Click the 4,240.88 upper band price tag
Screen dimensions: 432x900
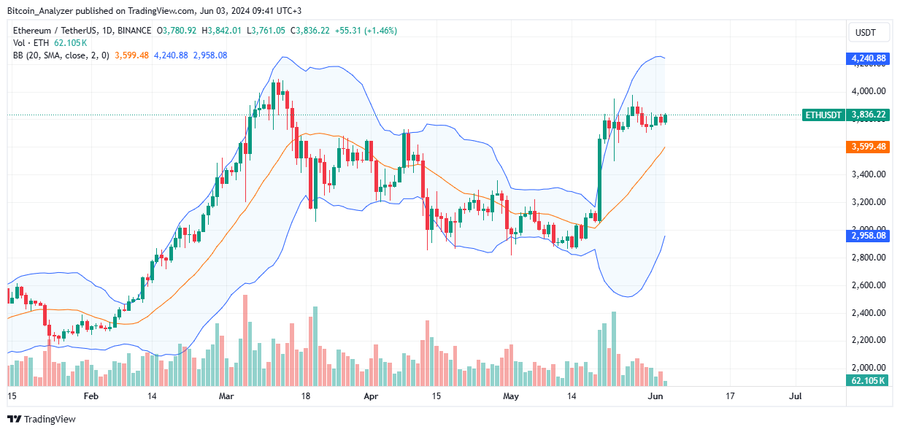coord(868,58)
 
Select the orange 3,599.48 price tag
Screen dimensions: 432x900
coord(868,147)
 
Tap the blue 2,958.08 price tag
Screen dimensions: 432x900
coord(868,236)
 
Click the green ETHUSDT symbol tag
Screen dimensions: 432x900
coord(823,115)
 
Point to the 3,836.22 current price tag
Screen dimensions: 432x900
coord(868,115)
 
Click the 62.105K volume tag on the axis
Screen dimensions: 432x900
coord(868,380)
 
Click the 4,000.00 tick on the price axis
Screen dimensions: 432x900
coord(868,91)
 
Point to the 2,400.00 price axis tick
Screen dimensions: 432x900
coord(868,312)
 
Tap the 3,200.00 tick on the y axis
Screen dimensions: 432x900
coord(868,202)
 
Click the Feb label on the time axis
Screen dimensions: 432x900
coord(91,396)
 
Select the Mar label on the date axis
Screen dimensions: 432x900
coord(226,396)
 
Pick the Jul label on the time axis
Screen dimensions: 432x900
coord(795,396)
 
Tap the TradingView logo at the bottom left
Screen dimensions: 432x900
coord(42,419)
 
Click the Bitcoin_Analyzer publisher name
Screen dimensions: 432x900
coord(41,9)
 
